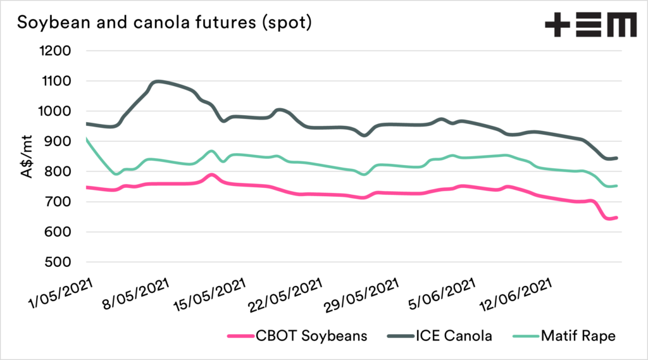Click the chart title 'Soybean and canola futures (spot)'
[x=164, y=23]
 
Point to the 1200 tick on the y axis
[x=54, y=51]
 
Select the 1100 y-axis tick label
[x=54, y=82]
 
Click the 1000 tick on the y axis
[x=54, y=111]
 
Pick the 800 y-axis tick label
[x=58, y=172]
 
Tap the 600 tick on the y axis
[x=58, y=232]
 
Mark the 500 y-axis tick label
[x=58, y=263]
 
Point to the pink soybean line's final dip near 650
[x=609, y=219]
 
